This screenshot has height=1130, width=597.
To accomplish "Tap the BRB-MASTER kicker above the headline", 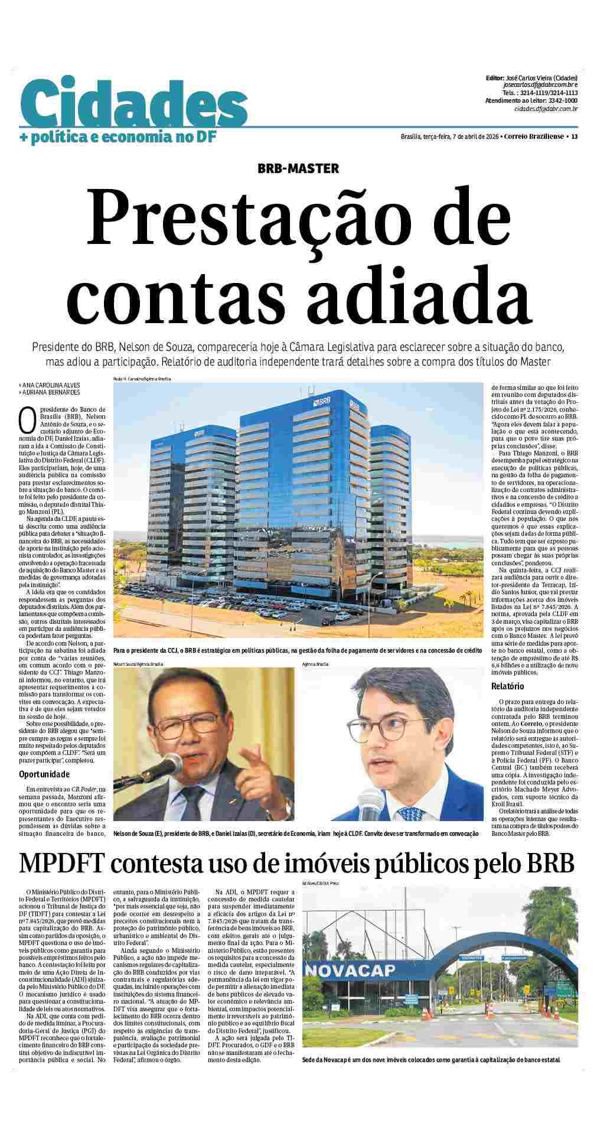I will [298, 168].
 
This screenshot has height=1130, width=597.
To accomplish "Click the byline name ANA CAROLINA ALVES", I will [50, 385].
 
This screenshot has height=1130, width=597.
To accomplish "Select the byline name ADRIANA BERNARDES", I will [50, 392].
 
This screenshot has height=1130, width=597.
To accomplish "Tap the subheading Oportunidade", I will [44, 774].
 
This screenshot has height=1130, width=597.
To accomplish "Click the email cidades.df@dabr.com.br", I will [546, 108].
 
